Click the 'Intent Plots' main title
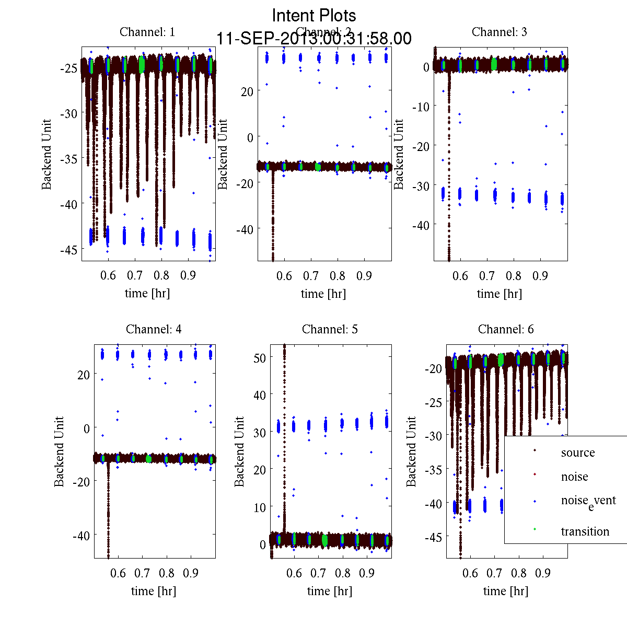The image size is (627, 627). [314, 15]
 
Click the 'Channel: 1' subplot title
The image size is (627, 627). [147, 32]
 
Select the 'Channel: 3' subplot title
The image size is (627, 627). [499, 32]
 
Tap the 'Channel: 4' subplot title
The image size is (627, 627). [154, 329]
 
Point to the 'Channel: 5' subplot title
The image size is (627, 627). [330, 329]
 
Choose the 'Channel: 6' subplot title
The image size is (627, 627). [506, 329]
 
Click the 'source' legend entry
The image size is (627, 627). [577, 452]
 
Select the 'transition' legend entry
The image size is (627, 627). [585, 531]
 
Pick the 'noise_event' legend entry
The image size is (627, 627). [588, 501]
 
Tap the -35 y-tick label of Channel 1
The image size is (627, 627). [68, 159]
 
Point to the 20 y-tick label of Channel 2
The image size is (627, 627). [247, 91]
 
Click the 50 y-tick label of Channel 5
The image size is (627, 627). [259, 358]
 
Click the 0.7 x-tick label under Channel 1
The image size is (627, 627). [135, 275]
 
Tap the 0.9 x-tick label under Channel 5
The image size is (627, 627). [367, 573]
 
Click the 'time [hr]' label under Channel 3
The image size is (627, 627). [499, 294]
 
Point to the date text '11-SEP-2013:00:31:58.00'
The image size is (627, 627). [314, 39]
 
